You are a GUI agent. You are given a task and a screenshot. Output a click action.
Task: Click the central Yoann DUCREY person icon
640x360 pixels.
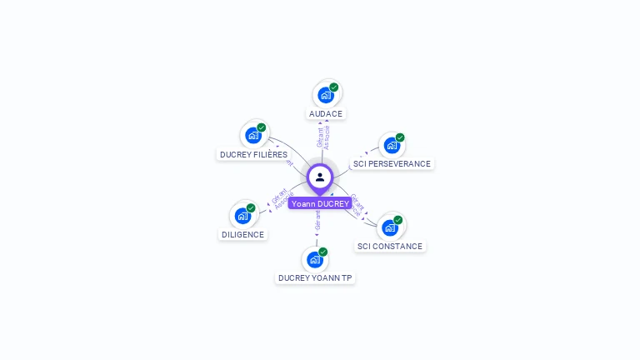320,177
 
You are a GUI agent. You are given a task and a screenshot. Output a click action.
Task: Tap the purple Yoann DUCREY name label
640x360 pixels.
320,203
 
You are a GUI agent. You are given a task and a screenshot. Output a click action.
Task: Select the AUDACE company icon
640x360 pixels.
325,95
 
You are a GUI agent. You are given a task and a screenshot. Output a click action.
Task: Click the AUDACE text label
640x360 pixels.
326,113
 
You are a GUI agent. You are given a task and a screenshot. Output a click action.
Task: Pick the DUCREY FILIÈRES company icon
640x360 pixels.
253,135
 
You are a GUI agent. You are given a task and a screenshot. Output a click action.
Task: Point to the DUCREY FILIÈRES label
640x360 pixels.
253,154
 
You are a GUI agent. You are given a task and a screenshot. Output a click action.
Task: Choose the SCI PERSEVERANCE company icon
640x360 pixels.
391,145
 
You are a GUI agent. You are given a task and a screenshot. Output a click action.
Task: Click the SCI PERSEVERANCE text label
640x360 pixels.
392,163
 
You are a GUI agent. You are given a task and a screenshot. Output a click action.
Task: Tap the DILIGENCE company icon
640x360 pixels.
242,216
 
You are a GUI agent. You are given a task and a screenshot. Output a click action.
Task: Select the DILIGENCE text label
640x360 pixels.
243,234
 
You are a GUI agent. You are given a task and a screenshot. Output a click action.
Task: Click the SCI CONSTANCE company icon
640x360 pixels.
389,227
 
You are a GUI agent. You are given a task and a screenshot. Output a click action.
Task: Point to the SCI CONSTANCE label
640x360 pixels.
390,246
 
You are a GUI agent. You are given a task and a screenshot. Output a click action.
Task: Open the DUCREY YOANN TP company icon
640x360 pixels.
314,259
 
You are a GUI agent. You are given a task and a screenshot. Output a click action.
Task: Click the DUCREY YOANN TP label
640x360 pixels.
315,277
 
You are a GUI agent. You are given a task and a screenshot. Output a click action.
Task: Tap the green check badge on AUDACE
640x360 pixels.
334,87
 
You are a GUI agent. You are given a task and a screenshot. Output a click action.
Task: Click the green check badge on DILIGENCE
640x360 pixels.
251,207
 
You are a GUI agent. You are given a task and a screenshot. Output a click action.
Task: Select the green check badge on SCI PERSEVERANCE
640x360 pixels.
400,137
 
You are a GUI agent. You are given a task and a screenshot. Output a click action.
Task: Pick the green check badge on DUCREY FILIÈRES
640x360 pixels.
262,127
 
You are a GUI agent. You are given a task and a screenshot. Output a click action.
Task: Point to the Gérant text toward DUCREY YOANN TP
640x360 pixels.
317,220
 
